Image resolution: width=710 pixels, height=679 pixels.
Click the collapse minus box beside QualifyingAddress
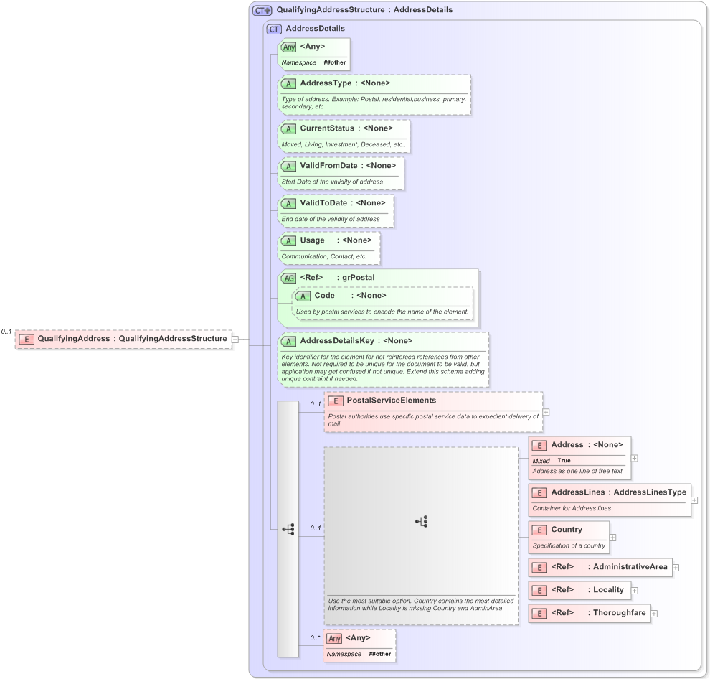(x=235, y=339)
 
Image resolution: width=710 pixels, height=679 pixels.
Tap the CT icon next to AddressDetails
(x=274, y=29)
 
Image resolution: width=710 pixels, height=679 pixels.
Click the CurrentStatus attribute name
(x=326, y=128)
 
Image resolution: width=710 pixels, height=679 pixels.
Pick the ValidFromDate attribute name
(x=328, y=166)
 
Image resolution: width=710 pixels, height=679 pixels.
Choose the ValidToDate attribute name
(x=323, y=203)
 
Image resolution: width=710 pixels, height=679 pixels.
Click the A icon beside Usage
(x=288, y=240)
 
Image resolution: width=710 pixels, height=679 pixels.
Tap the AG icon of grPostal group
(x=288, y=278)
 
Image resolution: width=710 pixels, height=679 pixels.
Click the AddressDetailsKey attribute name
(x=336, y=341)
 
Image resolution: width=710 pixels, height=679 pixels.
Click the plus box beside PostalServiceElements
(x=546, y=412)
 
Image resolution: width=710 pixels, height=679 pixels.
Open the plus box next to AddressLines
(x=694, y=500)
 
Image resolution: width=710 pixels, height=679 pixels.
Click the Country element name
(x=566, y=530)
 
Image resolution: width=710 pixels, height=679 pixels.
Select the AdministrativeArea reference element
(x=630, y=567)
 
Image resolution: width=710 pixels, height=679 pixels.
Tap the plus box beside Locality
(x=635, y=591)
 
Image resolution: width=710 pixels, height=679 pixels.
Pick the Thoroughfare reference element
(x=620, y=613)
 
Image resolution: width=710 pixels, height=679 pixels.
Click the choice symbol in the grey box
(x=422, y=522)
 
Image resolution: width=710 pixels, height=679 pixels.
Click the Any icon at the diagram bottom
(x=334, y=638)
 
